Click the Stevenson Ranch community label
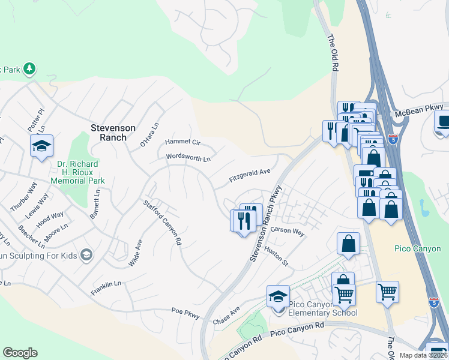coord(113,133)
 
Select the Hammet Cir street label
coord(182,143)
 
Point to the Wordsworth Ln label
coord(188,158)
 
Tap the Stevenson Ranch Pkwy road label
coord(264,223)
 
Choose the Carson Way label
coord(288,231)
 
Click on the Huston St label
coord(277,256)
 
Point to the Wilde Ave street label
coord(135,253)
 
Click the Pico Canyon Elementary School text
coord(323,308)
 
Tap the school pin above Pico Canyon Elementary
coord(278,296)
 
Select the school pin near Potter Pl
coord(42,146)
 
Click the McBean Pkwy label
coord(418,110)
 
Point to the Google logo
coord(20,353)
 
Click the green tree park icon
coord(29,69)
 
